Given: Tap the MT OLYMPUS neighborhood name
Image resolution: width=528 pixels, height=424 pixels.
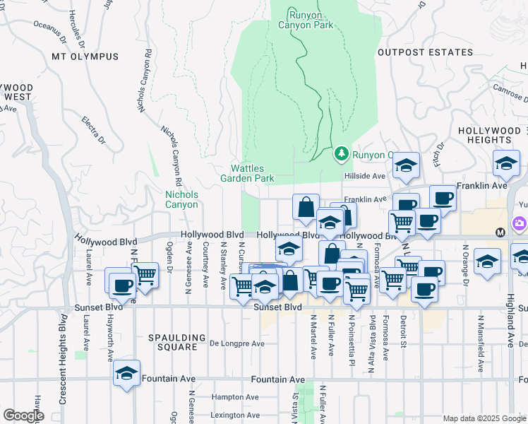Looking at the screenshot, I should click(85, 56).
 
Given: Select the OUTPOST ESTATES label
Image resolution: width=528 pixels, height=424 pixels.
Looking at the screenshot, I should click(425, 52).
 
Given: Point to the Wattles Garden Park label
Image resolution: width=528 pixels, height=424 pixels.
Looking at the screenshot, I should click(252, 173).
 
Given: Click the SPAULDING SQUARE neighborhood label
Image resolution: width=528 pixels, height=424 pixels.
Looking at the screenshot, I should click(177, 343).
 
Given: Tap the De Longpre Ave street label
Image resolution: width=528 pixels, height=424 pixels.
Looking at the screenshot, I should click(237, 344).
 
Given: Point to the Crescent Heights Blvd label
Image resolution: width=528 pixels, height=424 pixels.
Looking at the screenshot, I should click(62, 365).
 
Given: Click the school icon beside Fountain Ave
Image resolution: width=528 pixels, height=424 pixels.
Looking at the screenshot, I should click(126, 373).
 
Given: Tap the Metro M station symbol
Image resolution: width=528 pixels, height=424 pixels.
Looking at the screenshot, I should click(500, 232).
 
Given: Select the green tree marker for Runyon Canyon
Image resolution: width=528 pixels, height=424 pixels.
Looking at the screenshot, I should click(342, 153).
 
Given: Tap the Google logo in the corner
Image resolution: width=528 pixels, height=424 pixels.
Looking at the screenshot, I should click(23, 416).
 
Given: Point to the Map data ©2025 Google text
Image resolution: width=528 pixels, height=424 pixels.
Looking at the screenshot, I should click(484, 418).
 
